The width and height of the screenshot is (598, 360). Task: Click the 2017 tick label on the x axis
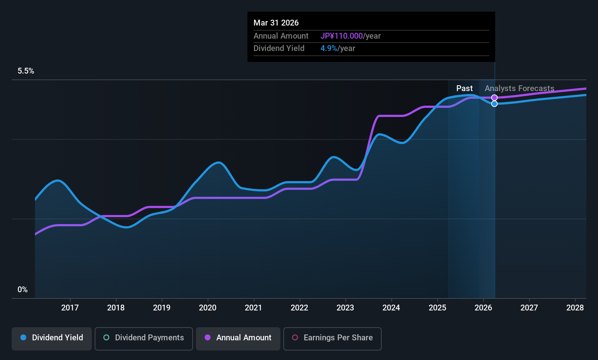click(x=70, y=308)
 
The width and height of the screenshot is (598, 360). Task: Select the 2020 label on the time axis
click(x=208, y=308)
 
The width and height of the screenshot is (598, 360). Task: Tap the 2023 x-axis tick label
click(x=345, y=308)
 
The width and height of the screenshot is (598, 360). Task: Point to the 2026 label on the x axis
click(x=483, y=308)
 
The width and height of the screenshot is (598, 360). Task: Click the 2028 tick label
click(x=575, y=308)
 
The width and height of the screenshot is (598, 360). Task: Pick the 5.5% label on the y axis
click(x=26, y=71)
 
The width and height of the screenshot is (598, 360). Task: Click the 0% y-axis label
click(x=23, y=290)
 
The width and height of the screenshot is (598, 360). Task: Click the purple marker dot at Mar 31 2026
click(x=494, y=98)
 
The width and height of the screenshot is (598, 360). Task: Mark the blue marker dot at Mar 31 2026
click(x=494, y=104)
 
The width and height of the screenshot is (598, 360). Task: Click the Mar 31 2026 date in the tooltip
click(x=276, y=23)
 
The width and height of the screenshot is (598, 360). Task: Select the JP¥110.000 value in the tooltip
click(x=342, y=36)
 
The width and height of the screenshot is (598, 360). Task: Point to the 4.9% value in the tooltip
click(x=328, y=48)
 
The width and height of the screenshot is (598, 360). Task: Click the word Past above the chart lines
click(x=464, y=89)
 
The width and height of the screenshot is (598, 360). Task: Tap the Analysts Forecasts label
click(x=519, y=89)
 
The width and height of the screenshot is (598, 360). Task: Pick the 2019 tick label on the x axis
click(x=162, y=308)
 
